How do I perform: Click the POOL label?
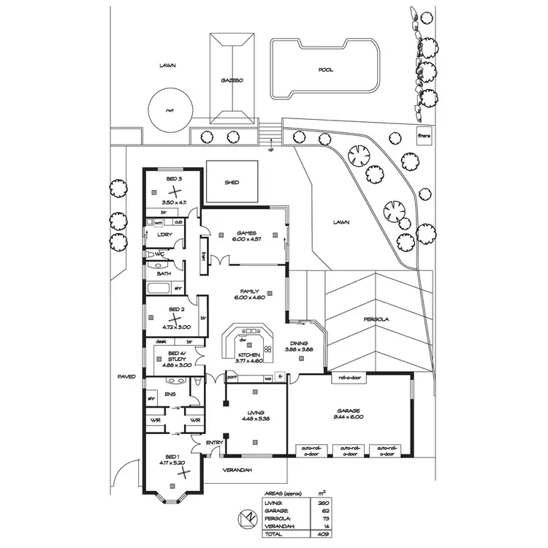point(326,70)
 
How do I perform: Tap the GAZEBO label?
point(232,80)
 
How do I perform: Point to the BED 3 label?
point(173,179)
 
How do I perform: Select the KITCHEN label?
point(249,354)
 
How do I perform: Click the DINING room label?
point(300,343)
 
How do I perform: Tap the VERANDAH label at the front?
point(238,469)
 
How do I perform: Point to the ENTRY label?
point(214,443)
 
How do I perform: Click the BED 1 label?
point(173,456)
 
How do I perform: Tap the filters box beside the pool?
point(423,135)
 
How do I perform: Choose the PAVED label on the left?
point(127,377)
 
